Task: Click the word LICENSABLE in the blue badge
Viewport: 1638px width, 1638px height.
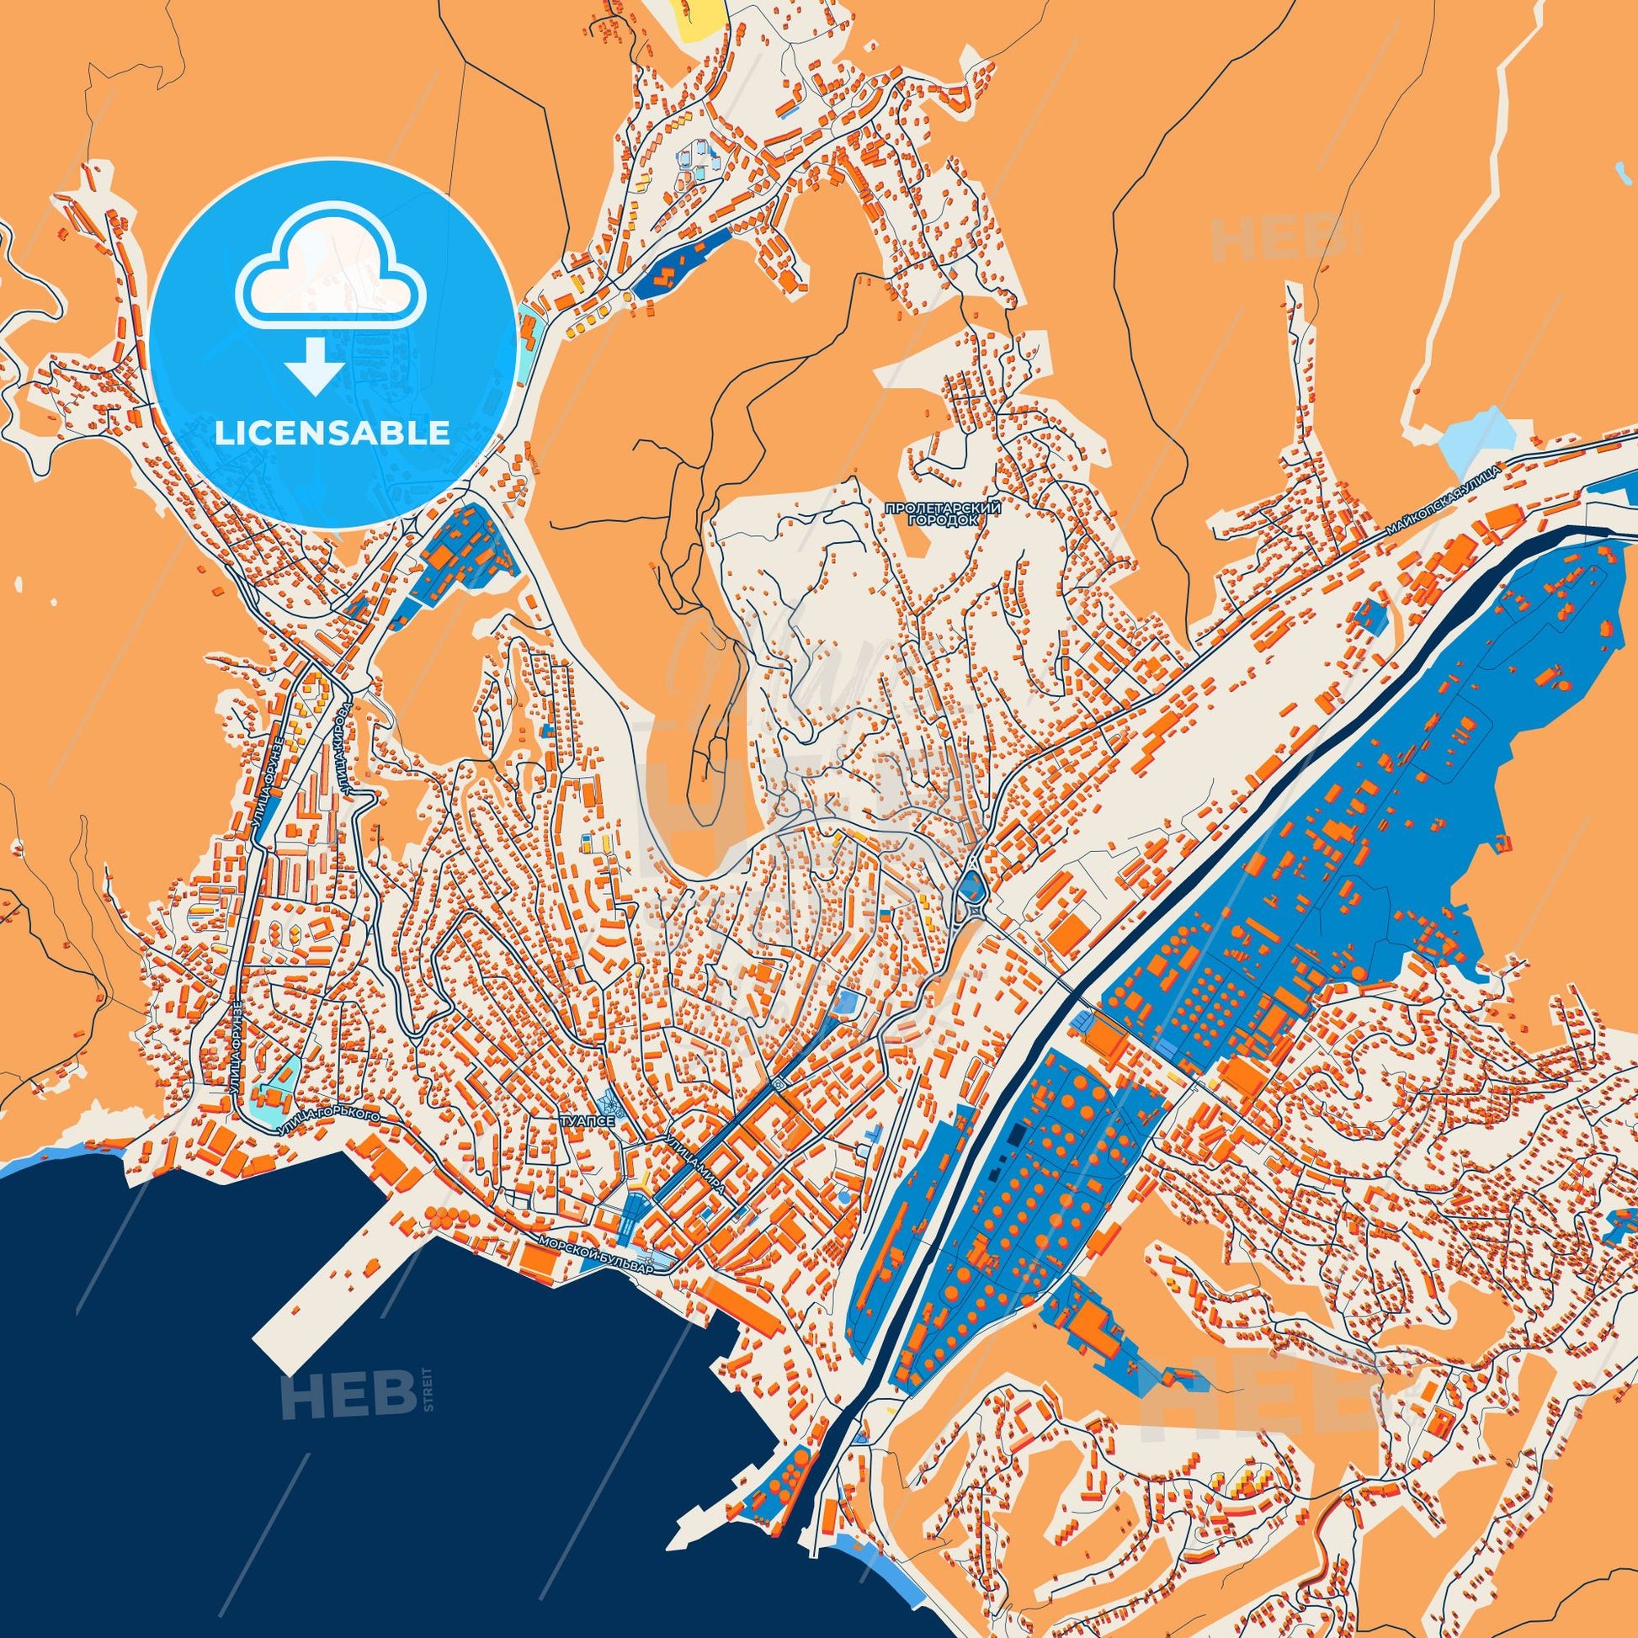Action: pyautogui.click(x=332, y=433)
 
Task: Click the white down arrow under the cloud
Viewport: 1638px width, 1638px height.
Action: pyautogui.click(x=314, y=364)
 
